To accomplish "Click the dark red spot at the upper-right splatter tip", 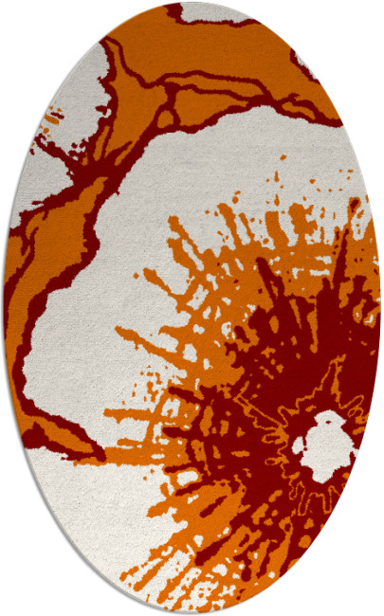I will coord(353,204).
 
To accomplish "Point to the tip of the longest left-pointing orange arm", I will coord(119,331).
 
